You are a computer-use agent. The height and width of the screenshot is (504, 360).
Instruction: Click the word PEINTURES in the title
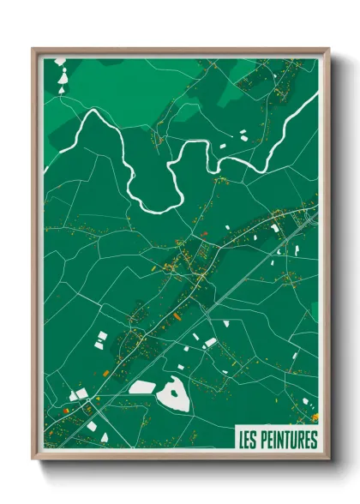(291, 441)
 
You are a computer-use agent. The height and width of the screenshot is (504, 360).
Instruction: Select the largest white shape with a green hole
(173, 395)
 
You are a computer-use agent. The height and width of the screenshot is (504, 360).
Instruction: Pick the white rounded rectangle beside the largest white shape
(141, 387)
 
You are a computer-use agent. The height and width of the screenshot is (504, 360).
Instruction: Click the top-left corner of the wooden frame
(33, 50)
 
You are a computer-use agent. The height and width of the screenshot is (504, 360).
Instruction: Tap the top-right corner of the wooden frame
(327, 50)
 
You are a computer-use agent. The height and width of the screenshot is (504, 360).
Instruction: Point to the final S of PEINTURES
(314, 441)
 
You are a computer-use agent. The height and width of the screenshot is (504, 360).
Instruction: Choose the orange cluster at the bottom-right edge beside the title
(315, 417)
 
